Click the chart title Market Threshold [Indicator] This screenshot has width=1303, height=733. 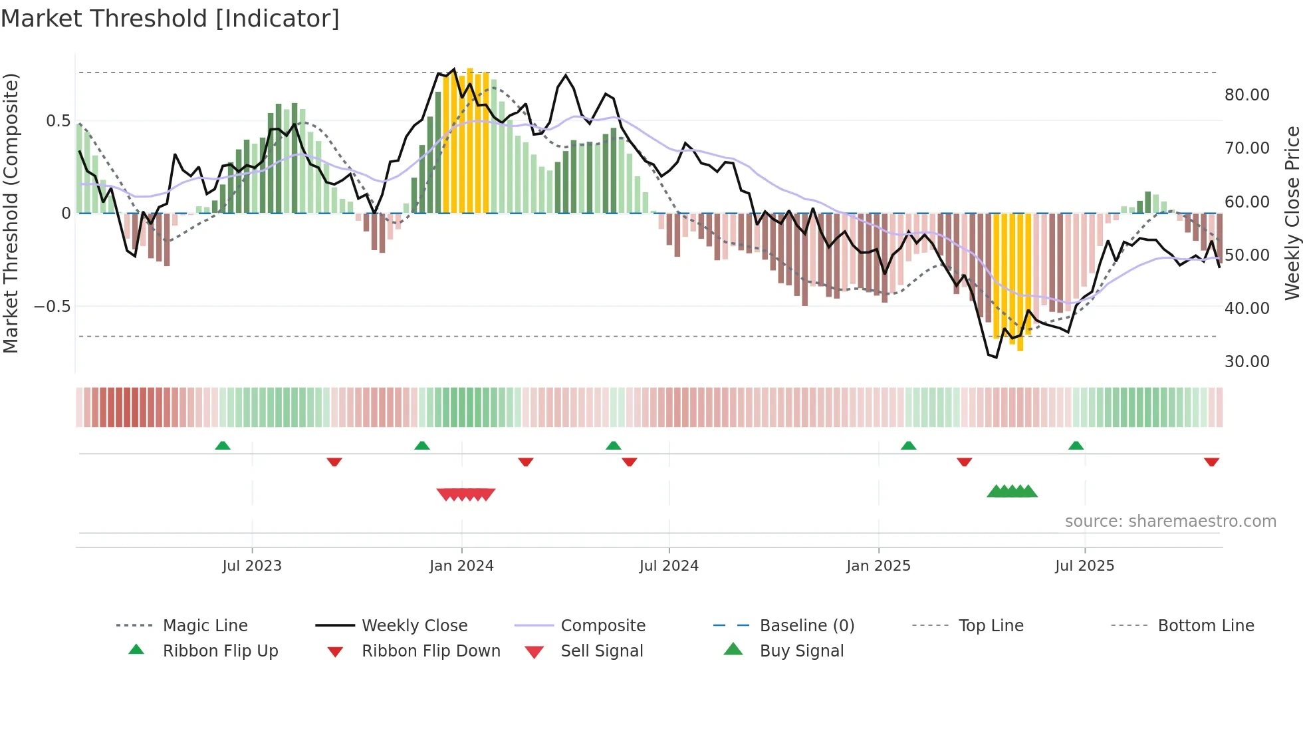click(170, 19)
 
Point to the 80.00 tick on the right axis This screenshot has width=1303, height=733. click(1246, 95)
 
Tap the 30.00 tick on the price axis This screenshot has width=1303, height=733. click(1246, 362)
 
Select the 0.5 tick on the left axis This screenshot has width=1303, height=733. click(58, 121)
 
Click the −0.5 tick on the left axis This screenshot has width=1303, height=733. click(53, 307)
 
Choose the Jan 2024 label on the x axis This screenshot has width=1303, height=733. click(461, 566)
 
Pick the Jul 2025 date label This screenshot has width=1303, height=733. click(1084, 566)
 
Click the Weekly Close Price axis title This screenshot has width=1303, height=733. click(1292, 213)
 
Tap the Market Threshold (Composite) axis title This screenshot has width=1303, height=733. click(11, 213)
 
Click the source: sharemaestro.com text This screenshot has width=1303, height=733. click(1170, 521)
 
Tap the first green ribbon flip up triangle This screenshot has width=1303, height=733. click(223, 446)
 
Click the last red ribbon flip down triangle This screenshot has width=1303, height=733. click(1211, 462)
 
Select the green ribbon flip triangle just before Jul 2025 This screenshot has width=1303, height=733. click(1076, 446)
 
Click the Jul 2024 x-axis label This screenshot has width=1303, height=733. click(669, 566)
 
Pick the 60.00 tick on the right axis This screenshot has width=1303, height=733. click(1246, 202)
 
